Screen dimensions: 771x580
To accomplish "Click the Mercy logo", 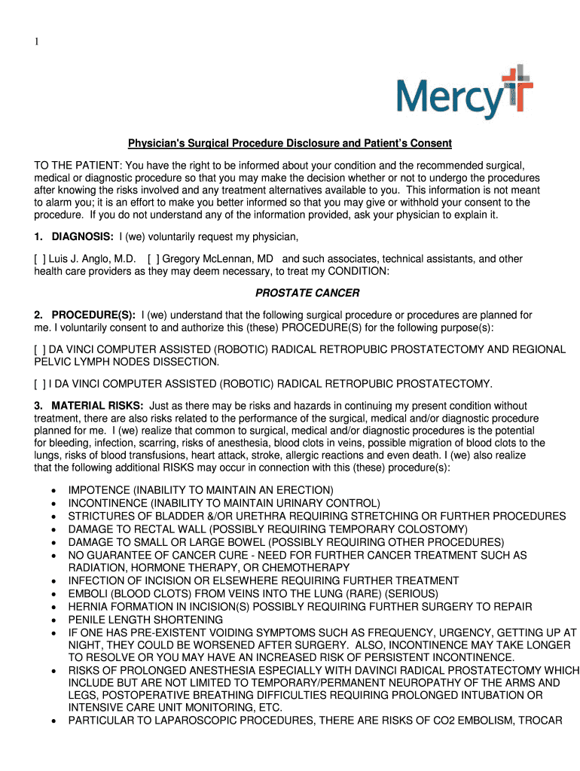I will pyautogui.click(x=464, y=93).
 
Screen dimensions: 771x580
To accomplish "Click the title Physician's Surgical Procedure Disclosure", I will pyautogui.click(x=289, y=143).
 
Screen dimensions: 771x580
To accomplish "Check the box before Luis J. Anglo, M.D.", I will pyautogui.click(x=39, y=259).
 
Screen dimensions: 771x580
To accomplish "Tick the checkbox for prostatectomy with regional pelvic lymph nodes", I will pyautogui.click(x=39, y=349).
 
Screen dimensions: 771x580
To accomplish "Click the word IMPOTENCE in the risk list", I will pyautogui.click(x=99, y=490).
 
